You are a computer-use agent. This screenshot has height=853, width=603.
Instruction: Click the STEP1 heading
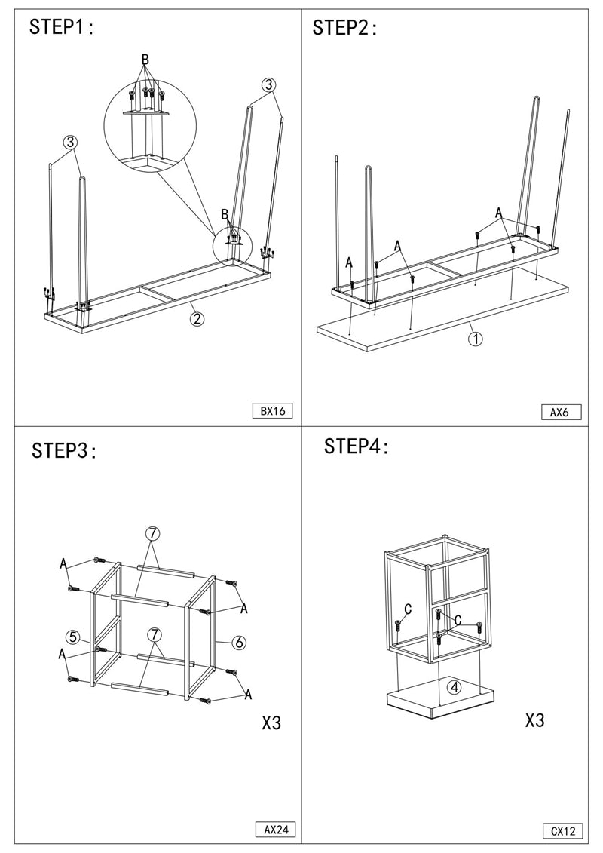tap(61, 28)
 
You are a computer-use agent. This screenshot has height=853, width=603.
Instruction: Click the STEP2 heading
tap(344, 28)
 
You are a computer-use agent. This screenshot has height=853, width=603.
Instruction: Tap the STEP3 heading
tap(64, 451)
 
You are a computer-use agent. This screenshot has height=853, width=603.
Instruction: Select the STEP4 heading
tap(357, 446)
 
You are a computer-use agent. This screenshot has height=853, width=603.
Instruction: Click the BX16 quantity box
tap(271, 411)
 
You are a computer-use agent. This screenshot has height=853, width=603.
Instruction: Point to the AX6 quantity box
tap(561, 412)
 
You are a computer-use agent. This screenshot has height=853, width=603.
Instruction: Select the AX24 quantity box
tap(274, 830)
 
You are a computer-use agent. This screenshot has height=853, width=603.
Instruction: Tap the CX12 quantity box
tap(562, 831)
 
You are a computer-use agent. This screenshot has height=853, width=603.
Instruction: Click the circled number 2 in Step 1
tap(196, 318)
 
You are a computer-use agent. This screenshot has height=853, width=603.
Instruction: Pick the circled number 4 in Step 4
tap(454, 687)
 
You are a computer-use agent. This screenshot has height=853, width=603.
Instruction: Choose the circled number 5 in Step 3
tap(72, 637)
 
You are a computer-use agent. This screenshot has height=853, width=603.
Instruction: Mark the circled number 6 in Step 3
tap(238, 643)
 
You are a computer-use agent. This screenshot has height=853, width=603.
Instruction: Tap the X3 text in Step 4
tap(534, 720)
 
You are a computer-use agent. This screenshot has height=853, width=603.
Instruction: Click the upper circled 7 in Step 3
tap(152, 533)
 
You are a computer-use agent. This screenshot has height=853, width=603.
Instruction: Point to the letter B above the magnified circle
tap(145, 60)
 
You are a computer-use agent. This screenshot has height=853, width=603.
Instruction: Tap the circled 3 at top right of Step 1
tap(268, 85)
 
